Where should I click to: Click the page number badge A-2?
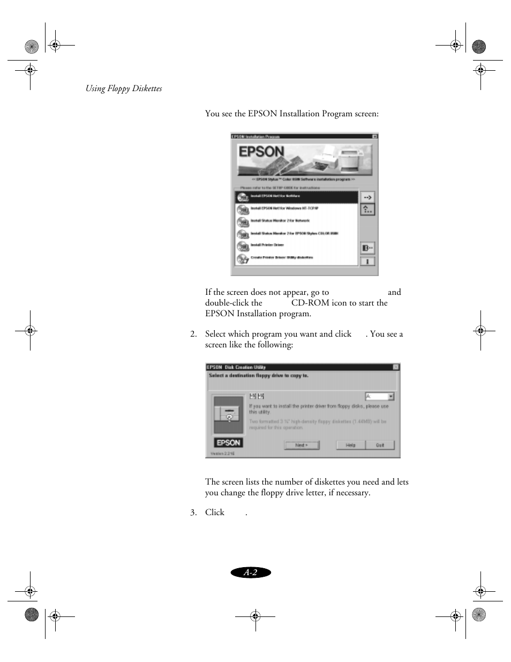point(251,572)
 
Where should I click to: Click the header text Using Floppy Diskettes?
point(124,88)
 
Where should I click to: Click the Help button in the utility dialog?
point(350,445)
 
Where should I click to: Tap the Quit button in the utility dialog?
point(380,445)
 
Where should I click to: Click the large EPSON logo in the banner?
point(261,152)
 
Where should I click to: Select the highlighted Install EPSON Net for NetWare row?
point(296,196)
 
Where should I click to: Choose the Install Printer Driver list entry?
point(296,245)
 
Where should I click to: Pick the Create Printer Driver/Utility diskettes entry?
point(296,258)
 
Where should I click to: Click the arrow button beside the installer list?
point(367,197)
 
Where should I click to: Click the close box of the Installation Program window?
point(374,136)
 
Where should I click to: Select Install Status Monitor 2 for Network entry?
point(296,221)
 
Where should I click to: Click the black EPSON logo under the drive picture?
point(228,442)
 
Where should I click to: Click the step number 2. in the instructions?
point(193,334)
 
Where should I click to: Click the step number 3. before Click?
point(193,512)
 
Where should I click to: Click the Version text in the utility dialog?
point(222,453)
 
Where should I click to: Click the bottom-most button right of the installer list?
point(367,262)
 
